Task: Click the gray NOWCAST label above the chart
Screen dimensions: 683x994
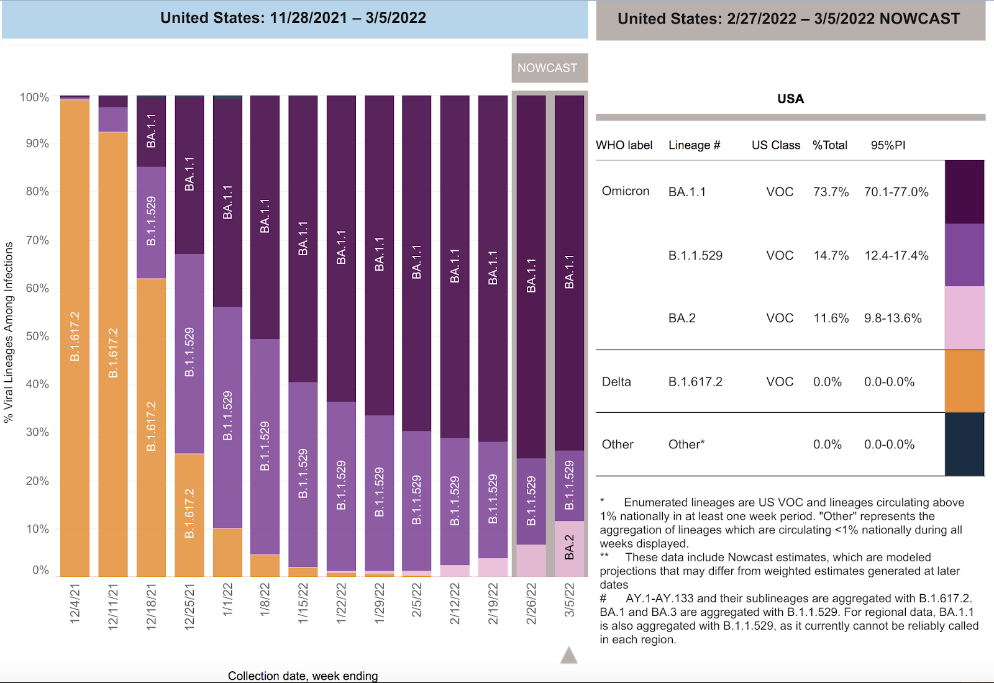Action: coord(548,68)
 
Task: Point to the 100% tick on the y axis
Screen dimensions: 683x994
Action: coord(34,97)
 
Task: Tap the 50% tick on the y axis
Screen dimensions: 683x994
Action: coord(37,336)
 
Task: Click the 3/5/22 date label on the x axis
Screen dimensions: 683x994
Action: coord(569,600)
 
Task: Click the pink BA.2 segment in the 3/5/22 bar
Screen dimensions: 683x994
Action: coord(569,548)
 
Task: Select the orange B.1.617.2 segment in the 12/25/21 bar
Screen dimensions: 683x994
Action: coord(189,514)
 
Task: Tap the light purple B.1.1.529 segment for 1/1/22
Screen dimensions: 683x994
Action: coord(227,417)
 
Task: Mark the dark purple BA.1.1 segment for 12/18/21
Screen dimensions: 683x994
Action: coord(151,131)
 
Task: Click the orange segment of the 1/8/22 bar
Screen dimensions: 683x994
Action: coord(265,565)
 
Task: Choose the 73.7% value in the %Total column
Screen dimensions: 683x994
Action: coord(831,192)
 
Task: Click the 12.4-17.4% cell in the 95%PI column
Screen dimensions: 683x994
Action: coord(896,255)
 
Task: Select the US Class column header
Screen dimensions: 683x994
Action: coord(775,145)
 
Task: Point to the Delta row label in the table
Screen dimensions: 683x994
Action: coord(616,382)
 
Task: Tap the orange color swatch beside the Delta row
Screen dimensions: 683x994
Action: coord(964,381)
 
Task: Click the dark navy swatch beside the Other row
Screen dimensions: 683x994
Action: coord(964,444)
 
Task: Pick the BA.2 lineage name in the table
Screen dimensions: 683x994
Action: coord(682,318)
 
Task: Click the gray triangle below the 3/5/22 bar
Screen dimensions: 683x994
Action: coord(568,656)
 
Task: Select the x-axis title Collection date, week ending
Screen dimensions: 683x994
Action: coord(303,676)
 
